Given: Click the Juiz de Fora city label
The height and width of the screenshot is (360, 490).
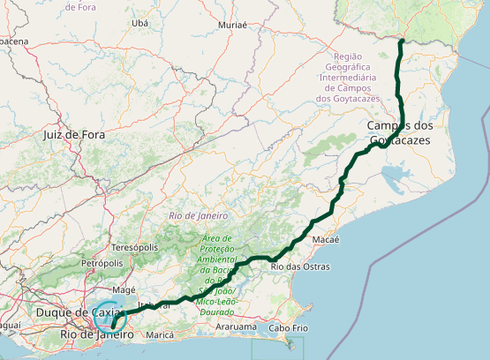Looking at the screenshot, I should point(73,135).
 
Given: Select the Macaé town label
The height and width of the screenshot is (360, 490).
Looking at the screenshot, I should point(326,239).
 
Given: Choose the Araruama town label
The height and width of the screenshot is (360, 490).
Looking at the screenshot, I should point(236,326).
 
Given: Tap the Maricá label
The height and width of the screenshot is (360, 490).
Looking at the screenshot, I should point(160,335).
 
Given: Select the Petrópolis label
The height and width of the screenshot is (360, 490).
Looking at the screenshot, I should point(102,263).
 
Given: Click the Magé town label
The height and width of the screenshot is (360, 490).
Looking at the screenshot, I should point(124,289).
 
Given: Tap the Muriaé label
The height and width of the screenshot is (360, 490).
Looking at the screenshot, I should point(231,26).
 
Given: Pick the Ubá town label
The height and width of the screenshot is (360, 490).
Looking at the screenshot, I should point(139,23).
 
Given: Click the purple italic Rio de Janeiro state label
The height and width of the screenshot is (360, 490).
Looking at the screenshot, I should point(198,215).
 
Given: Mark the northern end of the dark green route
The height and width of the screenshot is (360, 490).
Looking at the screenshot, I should point(401,41).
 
